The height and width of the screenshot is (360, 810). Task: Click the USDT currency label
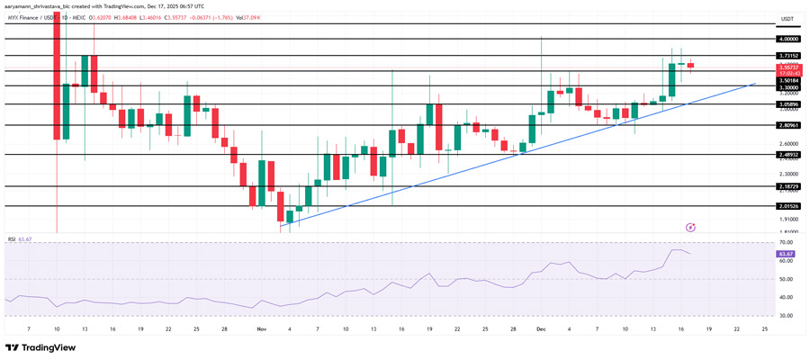click(787, 19)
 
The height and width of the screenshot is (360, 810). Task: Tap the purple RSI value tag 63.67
click(786, 255)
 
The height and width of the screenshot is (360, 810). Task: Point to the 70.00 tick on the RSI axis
click(786, 243)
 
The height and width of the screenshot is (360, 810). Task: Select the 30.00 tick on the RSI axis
click(786, 316)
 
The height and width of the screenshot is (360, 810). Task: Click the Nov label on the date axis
click(262, 329)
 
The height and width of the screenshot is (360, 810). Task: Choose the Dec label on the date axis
click(541, 329)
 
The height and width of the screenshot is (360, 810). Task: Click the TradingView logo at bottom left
click(40, 347)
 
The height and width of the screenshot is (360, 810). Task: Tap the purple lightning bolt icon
click(690, 228)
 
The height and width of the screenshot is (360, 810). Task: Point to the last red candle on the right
click(690, 65)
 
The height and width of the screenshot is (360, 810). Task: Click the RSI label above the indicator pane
click(13, 238)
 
